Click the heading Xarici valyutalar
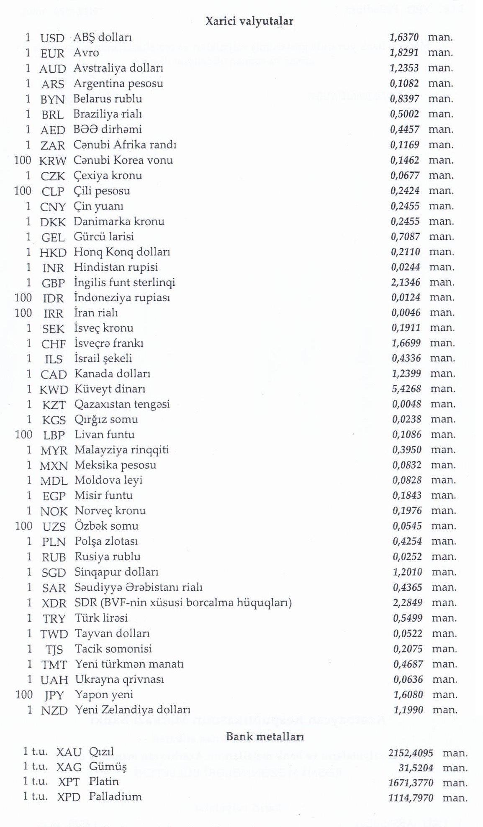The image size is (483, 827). [x=249, y=21]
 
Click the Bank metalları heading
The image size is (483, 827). [x=265, y=737]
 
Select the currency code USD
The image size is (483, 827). [x=52, y=38]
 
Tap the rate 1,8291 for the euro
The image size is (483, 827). [x=404, y=53]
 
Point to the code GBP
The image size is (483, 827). [x=53, y=283]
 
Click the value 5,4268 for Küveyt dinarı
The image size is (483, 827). [x=406, y=389]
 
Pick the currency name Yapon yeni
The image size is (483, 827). [x=104, y=695]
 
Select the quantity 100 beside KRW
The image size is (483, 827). [x=23, y=160]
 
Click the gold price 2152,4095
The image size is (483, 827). [x=411, y=753]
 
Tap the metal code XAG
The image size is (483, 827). [x=69, y=767]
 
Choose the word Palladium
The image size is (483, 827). [x=115, y=796]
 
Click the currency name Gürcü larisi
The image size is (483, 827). [x=104, y=237]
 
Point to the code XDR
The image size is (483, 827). [x=54, y=603]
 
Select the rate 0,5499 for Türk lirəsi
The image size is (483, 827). [x=408, y=618]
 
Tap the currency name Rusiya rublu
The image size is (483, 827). [x=108, y=557]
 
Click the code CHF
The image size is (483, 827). [x=54, y=344]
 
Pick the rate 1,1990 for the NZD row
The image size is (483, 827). [x=408, y=710]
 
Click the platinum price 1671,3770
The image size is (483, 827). [x=411, y=783]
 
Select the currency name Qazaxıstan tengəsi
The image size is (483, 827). [x=122, y=405]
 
